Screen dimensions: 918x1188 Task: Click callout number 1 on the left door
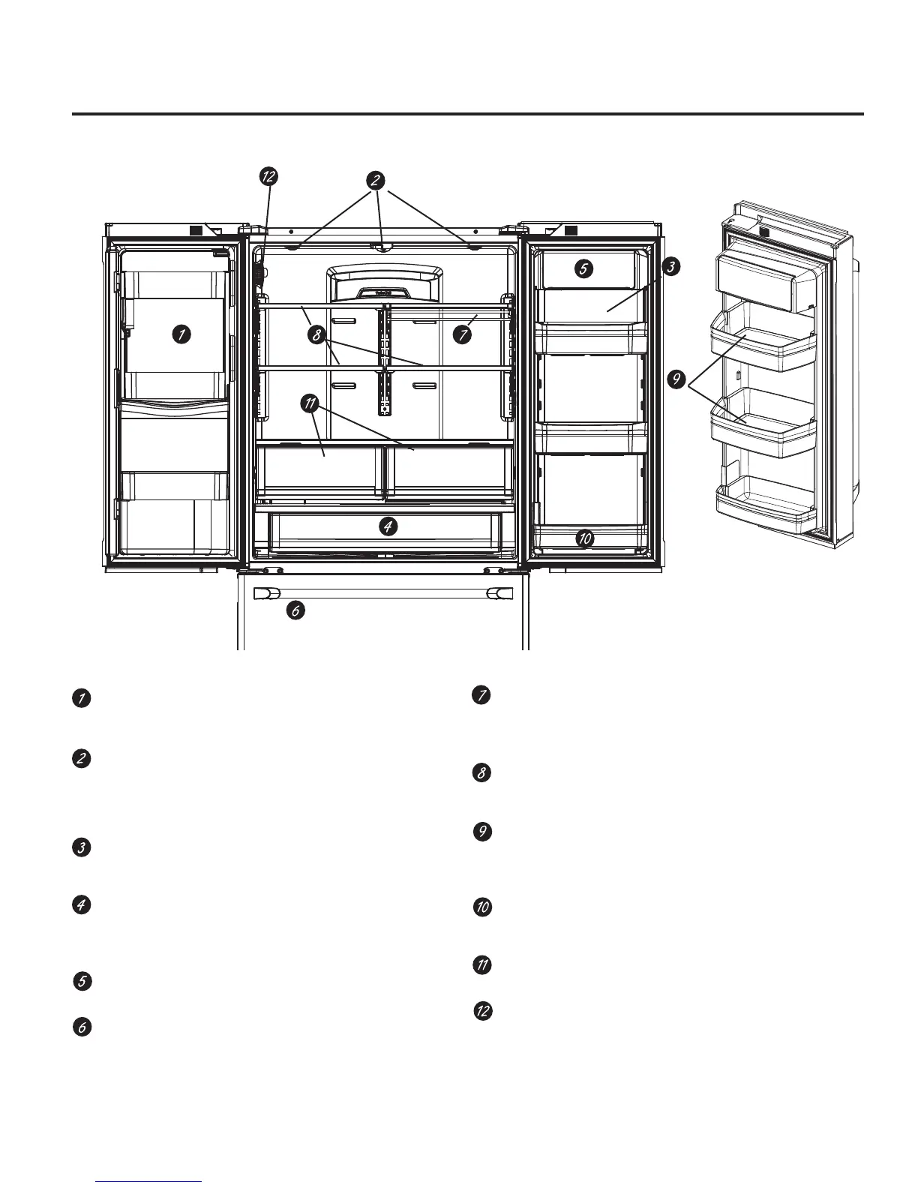coord(180,334)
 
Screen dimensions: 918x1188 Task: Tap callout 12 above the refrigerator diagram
coord(268,176)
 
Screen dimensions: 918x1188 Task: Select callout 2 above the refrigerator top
coord(376,180)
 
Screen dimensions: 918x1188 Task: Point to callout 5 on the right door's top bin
coord(585,268)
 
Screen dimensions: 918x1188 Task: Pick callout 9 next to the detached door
coord(677,380)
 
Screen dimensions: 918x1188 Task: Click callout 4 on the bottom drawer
coord(387,527)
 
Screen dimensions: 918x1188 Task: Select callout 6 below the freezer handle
coord(295,611)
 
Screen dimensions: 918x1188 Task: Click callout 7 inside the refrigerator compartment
coord(462,335)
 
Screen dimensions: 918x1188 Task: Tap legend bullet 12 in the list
coord(483,1011)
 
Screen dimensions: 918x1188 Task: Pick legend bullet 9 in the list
coord(483,832)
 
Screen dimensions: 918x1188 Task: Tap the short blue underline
coord(149,1181)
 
